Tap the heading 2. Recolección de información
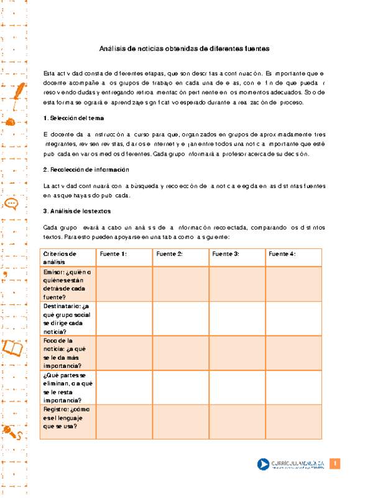pyautogui.click(x=86, y=169)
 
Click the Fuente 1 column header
pyautogui.click(x=113, y=254)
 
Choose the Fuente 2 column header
pyautogui.click(x=169, y=254)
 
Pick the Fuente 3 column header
pyautogui.click(x=226, y=254)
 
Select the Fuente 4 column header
pyautogui.click(x=282, y=254)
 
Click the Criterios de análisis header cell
pyautogui.click(x=60, y=258)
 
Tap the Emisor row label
pyautogui.click(x=67, y=284)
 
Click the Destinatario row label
pyautogui.click(x=68, y=318)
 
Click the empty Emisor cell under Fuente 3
pyautogui.click(x=237, y=284)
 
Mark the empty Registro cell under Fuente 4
pyautogui.click(x=293, y=421)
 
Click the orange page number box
pyautogui.click(x=335, y=464)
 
